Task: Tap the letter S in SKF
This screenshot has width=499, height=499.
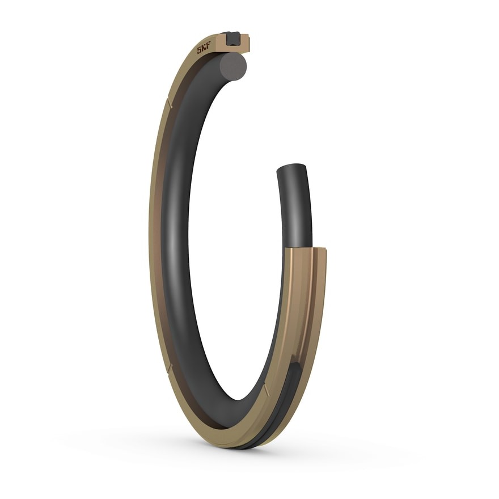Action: (199, 51)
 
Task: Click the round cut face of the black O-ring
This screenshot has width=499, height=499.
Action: (235, 66)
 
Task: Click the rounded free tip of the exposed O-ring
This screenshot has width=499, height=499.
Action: (291, 168)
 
